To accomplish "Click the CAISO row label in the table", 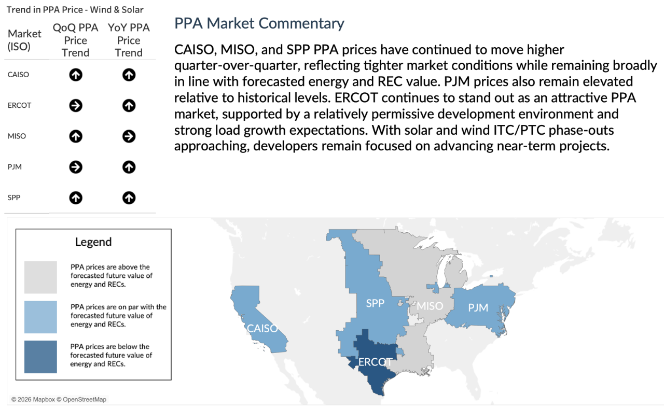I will click(18, 75).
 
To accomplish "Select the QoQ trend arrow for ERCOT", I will click(76, 106).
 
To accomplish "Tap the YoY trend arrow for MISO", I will click(129, 136).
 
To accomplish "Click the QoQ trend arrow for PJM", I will click(76, 167).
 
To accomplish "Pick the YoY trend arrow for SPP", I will click(129, 198).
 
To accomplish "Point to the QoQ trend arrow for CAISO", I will click(76, 75).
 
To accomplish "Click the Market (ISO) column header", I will click(24, 40).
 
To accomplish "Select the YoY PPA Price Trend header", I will click(129, 40).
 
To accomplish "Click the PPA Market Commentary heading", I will click(259, 23).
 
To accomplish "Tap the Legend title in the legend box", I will click(93, 242).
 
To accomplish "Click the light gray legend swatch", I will click(40, 277).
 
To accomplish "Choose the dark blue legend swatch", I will click(40, 357).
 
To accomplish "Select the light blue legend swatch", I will click(40, 317).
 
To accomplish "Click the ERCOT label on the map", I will click(375, 362).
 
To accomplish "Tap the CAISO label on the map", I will click(262, 328).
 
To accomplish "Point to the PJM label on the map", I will click(478, 307).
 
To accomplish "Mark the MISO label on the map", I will click(430, 306).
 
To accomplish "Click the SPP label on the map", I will click(375, 303).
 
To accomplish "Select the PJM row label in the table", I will click(15, 167).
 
